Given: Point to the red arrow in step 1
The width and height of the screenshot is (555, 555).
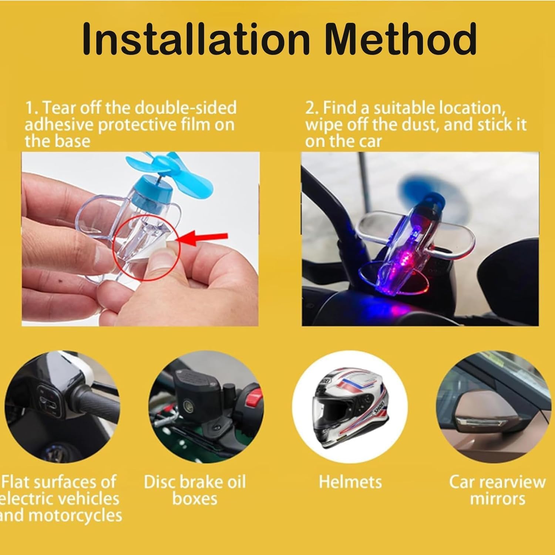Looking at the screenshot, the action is [x=203, y=238].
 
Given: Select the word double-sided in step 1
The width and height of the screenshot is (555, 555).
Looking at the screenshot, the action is [x=185, y=107].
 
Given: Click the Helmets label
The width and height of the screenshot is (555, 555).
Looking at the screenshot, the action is [x=350, y=482].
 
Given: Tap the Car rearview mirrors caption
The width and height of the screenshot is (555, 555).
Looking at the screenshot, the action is [x=498, y=490].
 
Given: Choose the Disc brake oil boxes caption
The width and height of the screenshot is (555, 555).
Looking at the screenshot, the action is [x=195, y=490].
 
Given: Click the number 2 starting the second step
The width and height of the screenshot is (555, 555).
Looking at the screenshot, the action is [x=310, y=108].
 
